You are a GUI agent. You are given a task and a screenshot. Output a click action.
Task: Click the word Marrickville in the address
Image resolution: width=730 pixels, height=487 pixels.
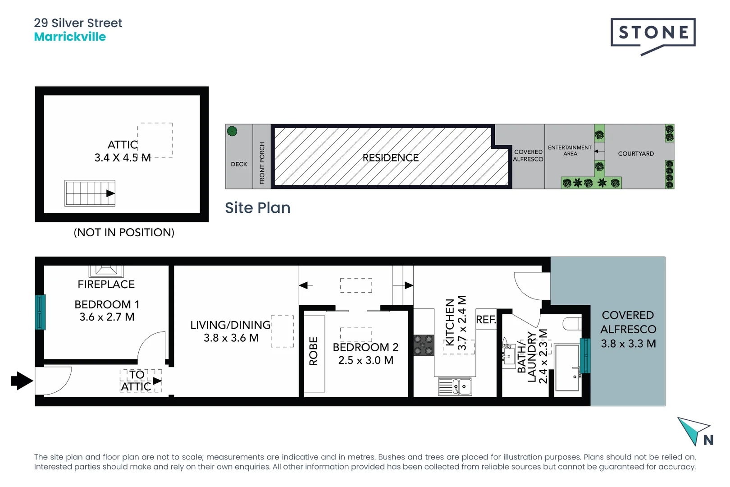pyautogui.click(x=70, y=37)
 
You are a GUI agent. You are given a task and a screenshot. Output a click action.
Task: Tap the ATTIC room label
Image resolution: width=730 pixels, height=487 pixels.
pyautogui.click(x=123, y=145)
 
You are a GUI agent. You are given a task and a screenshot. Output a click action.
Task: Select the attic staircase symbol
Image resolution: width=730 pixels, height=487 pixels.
pyautogui.click(x=90, y=193)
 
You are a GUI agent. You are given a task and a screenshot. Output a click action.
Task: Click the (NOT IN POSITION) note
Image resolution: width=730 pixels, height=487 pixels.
pyautogui.click(x=124, y=232)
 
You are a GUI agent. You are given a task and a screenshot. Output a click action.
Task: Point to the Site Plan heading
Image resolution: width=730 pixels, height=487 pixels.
pyautogui.click(x=257, y=208)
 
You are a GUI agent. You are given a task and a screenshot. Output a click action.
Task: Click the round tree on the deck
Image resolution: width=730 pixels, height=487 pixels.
pyautogui.click(x=232, y=131)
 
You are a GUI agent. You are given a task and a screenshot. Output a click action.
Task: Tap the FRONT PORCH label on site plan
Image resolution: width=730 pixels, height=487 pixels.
pyautogui.click(x=262, y=163)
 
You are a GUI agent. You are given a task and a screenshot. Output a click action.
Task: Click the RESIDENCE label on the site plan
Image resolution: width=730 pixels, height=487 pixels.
pyautogui.click(x=390, y=158)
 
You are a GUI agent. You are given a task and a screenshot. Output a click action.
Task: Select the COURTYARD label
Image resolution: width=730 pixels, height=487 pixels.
pyautogui.click(x=635, y=154)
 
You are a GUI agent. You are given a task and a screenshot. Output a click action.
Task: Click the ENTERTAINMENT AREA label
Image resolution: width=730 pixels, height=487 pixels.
pyautogui.click(x=570, y=151)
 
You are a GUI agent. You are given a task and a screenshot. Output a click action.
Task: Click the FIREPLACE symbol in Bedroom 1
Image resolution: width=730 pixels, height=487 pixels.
pyautogui.click(x=106, y=271)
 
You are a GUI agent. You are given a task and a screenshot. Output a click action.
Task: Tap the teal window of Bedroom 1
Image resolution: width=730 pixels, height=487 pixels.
pyautogui.click(x=40, y=312)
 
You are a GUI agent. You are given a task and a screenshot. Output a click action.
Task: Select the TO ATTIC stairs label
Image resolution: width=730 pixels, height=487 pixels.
pyautogui.click(x=137, y=381)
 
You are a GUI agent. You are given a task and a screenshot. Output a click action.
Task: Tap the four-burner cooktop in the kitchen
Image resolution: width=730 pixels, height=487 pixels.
pyautogui.click(x=424, y=345)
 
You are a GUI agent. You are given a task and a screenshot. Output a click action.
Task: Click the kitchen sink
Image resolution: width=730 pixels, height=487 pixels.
pyautogui.click(x=455, y=387)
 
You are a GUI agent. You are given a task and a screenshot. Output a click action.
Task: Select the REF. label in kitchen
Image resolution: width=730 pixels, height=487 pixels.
pyautogui.click(x=486, y=320)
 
